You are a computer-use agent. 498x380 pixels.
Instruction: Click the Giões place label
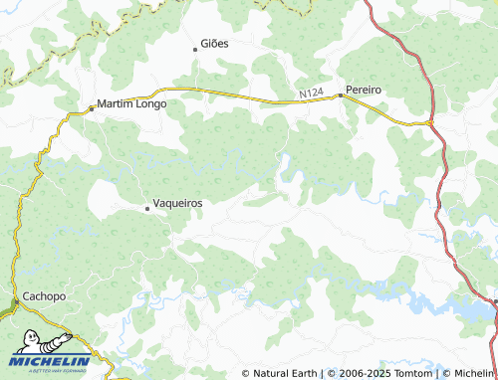pyautogui.click(x=215, y=45)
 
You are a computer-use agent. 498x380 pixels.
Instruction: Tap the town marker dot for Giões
pyautogui.click(x=195, y=48)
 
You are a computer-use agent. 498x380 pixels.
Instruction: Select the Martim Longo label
pyautogui.click(x=131, y=102)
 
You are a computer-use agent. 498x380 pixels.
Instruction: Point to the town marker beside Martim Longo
pyautogui.click(x=92, y=106)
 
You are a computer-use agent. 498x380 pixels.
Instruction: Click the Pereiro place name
pyautogui.click(x=365, y=90)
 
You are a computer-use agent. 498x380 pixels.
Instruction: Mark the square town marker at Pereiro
pyautogui.click(x=341, y=95)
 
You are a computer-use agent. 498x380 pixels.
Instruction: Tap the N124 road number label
pyautogui.click(x=312, y=94)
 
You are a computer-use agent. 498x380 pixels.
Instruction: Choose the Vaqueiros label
pyautogui.click(x=178, y=203)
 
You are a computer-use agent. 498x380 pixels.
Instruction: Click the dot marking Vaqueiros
pyautogui.click(x=147, y=208)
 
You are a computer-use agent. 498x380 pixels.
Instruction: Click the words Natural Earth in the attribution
pyautogui.click(x=285, y=373)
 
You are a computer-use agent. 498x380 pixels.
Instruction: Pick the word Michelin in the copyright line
pyautogui.click(x=473, y=373)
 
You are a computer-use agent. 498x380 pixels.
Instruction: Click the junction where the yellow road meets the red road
pyautogui.click(x=430, y=122)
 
